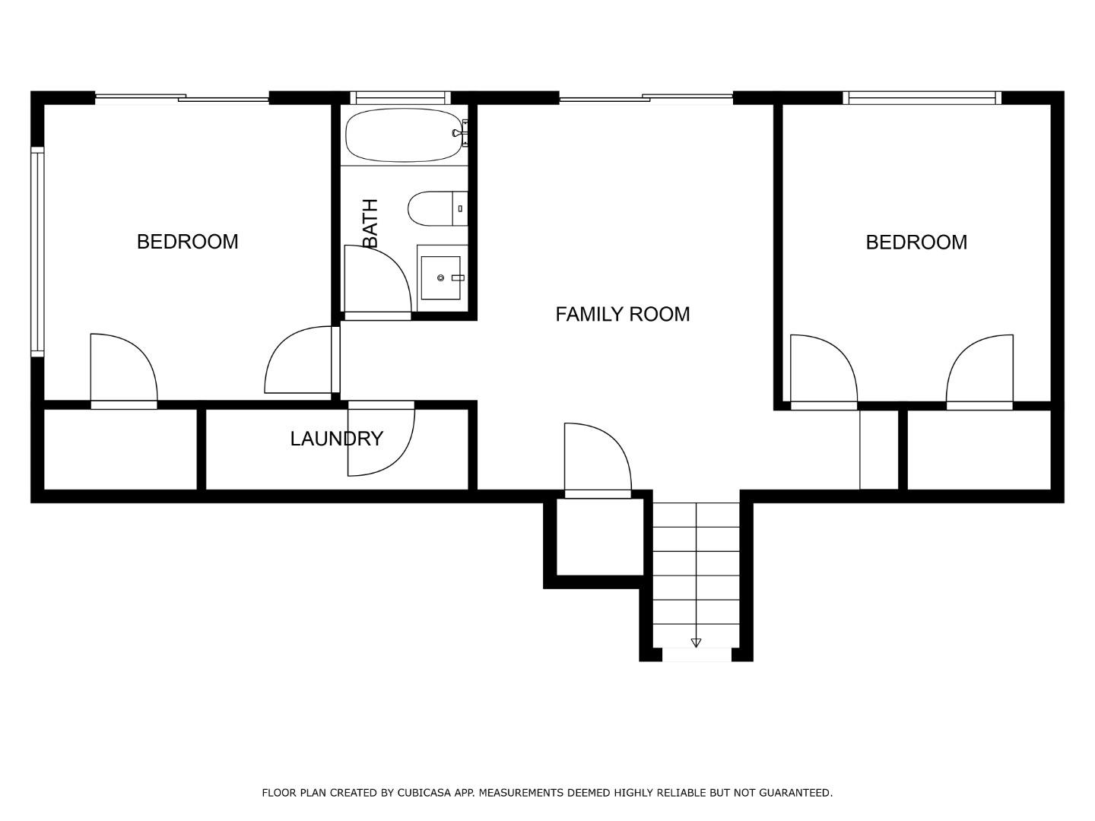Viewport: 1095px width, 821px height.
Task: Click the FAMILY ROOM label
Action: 622,314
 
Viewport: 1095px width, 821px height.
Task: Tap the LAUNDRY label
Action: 336,439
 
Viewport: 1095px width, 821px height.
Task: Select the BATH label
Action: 370,223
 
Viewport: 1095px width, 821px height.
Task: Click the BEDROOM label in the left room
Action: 187,242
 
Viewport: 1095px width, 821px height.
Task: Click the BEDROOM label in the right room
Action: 916,242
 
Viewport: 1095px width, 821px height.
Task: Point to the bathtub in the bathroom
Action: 403,135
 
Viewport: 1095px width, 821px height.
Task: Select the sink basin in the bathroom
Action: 441,278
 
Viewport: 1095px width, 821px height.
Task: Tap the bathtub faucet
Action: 459,134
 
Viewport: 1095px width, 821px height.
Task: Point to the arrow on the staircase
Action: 696,643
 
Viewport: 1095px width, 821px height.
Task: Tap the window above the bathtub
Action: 400,97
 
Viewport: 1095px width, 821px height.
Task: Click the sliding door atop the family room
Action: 646,97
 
